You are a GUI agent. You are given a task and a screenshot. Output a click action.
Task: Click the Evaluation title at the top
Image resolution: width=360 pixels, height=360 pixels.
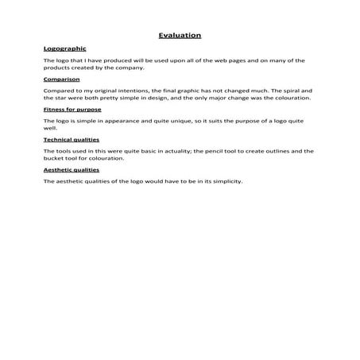coord(180,35)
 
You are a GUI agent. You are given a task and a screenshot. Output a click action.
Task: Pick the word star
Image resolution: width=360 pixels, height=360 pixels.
coord(60,99)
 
